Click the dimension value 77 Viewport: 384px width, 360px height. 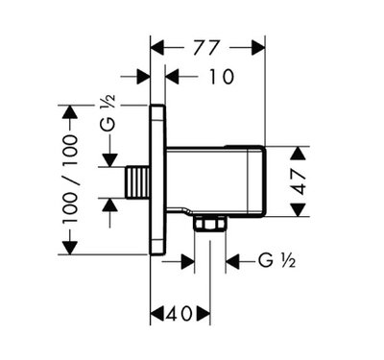(x=206, y=48)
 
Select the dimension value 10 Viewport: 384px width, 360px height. (x=222, y=77)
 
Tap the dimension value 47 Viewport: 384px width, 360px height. (x=300, y=181)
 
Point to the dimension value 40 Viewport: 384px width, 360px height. (x=180, y=314)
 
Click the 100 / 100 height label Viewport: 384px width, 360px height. (x=69, y=180)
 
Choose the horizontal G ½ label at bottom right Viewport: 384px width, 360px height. (x=276, y=261)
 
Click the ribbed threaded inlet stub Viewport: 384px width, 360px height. (x=137, y=182)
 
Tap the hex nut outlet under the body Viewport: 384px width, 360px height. (x=210, y=223)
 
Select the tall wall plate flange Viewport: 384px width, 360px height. (x=157, y=180)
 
